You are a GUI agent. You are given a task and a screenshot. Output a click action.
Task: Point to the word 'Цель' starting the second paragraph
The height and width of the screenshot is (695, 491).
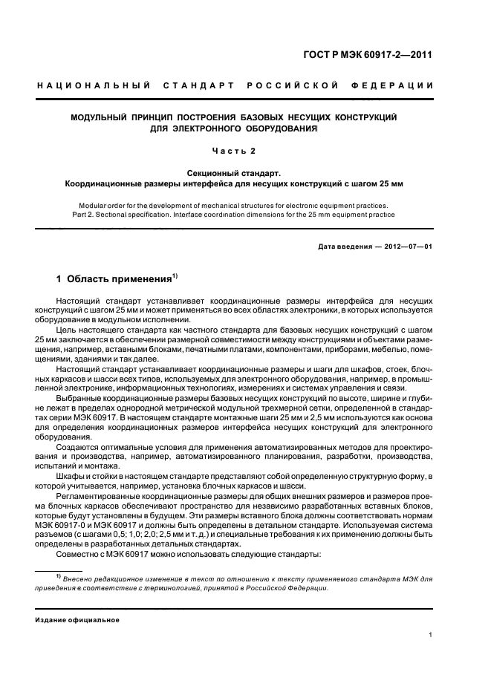tap(65, 327)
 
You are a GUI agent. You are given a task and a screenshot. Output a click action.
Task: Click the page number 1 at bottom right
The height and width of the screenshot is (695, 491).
tap(431, 635)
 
